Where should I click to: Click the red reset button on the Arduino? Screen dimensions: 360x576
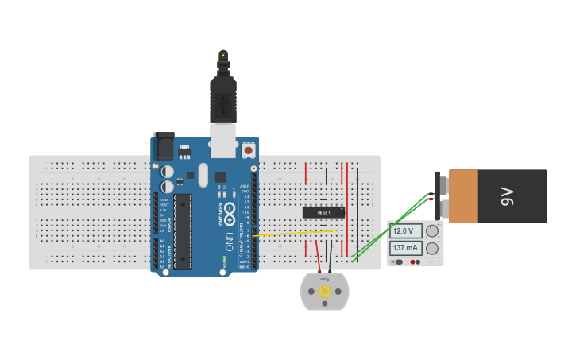(x=249, y=149)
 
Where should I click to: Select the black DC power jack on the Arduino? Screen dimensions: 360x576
(x=164, y=146)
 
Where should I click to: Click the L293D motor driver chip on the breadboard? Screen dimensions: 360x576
(x=323, y=212)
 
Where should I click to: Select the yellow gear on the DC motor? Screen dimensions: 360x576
(x=324, y=292)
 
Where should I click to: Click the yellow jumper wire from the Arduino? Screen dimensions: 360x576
(x=294, y=234)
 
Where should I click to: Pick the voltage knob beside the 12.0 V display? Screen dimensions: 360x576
(x=432, y=231)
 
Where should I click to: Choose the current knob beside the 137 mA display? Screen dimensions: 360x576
(x=432, y=248)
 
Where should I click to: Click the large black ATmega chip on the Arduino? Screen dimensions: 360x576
(x=184, y=230)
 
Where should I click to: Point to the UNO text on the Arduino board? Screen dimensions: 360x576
(x=230, y=239)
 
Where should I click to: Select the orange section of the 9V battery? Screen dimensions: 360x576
(x=462, y=196)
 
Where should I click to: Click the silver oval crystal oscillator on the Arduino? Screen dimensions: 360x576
(x=203, y=175)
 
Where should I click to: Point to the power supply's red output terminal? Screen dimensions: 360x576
(x=413, y=261)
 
